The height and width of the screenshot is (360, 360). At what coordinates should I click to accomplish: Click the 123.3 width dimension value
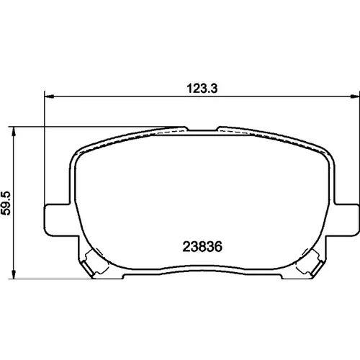pos(202,89)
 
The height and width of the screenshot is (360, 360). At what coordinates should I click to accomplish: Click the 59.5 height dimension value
pos(6,203)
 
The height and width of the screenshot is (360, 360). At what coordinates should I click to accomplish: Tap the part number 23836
pos(202,246)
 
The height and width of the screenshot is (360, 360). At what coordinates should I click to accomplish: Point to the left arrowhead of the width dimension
pos(49,96)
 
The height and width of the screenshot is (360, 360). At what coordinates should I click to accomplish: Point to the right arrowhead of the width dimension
pos(355,96)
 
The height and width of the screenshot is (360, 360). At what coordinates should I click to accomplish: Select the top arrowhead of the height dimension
pos(14,131)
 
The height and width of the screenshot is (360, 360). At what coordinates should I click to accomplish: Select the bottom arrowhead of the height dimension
pos(14,274)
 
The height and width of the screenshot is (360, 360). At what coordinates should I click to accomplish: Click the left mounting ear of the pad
pos(56,220)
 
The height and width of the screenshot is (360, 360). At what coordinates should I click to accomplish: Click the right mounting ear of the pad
pos(346,220)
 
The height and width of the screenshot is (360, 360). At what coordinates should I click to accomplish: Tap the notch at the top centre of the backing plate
pos(202,129)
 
